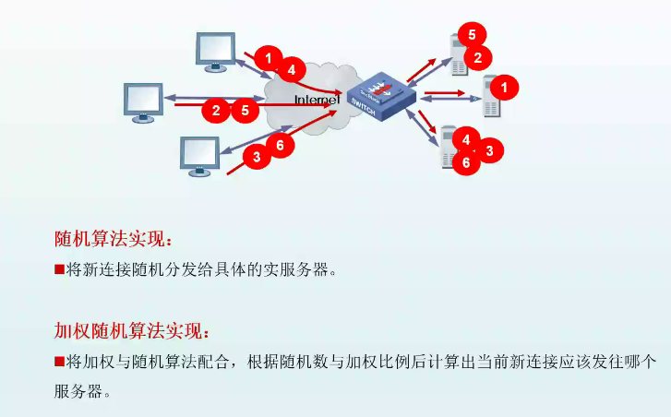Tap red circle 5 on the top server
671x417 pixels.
tap(471, 35)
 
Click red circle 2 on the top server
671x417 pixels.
tap(477, 57)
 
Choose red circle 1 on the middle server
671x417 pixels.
tap(504, 88)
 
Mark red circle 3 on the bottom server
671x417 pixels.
tap(489, 149)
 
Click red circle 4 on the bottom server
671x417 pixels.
tap(467, 140)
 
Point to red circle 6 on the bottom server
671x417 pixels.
tap(467, 161)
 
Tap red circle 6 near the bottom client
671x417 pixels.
tap(280, 145)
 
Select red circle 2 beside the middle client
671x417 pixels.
tap(216, 111)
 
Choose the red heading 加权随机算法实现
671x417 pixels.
tap(133, 330)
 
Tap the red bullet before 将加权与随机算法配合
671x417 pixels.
tap(59, 360)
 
